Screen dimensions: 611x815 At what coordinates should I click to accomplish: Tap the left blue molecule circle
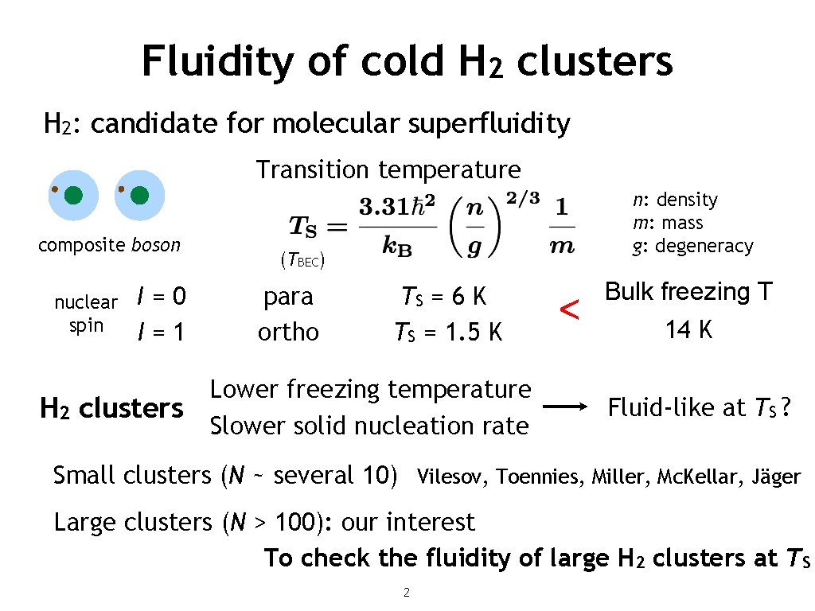[72, 195]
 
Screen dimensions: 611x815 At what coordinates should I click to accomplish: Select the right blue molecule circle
[139, 195]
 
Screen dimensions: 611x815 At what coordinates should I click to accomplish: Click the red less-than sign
[568, 311]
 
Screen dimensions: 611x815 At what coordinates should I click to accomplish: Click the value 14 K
[688, 329]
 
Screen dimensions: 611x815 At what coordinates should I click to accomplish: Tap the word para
[288, 297]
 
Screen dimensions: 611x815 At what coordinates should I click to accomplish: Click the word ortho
[288, 332]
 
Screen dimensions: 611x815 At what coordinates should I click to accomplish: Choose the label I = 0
[162, 297]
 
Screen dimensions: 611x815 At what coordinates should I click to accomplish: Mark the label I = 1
[161, 331]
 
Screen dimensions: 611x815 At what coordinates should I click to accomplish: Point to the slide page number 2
[407, 592]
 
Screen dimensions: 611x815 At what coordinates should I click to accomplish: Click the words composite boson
[109, 245]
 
